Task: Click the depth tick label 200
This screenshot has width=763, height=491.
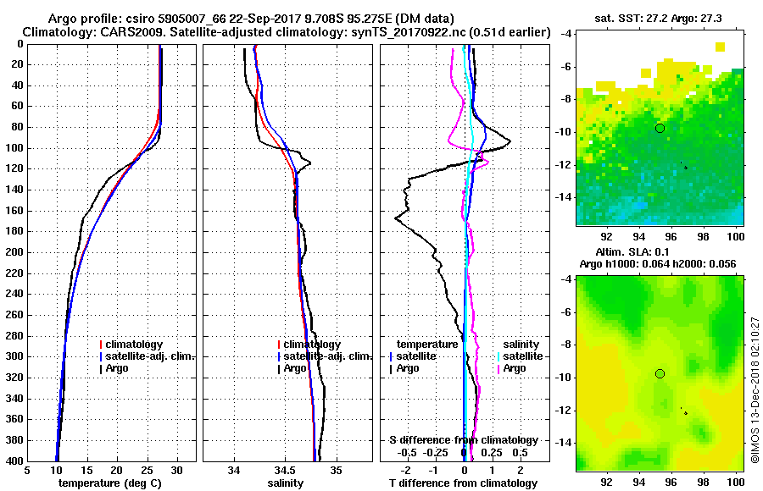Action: pos(14,252)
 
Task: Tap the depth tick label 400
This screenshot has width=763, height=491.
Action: pos(14,461)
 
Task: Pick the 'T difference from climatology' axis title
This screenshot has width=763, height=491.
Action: pos(464,483)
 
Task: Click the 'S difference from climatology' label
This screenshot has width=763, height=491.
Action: pos(464,440)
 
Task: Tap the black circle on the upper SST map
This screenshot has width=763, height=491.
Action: pos(660,128)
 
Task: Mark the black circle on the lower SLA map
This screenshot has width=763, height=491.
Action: pos(660,373)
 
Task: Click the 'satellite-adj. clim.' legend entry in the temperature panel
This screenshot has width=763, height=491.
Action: pos(149,356)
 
